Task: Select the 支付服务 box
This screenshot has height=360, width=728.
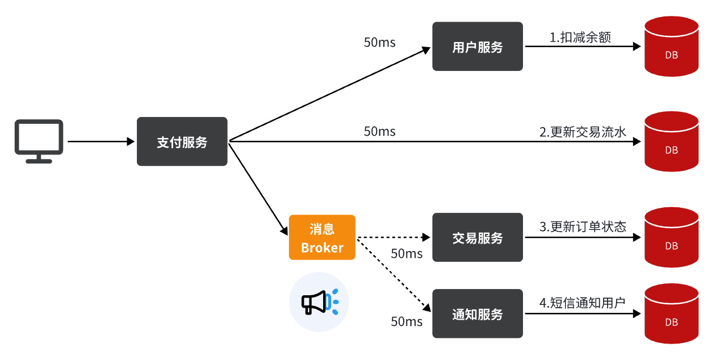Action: tap(182, 142)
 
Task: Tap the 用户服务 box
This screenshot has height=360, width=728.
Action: tap(477, 47)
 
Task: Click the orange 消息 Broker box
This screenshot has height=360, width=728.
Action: tap(322, 237)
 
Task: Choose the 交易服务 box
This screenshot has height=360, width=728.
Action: tap(477, 237)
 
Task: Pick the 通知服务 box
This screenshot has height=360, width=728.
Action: tap(477, 314)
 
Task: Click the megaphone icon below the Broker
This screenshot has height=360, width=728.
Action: tap(319, 302)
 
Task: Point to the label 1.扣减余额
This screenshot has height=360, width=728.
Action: tap(580, 37)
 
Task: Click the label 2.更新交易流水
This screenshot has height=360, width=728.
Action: tap(583, 132)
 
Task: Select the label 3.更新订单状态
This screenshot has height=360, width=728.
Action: tap(583, 227)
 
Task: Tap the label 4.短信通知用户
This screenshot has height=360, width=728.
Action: tap(582, 303)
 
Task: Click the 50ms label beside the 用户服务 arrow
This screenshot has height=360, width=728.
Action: tap(379, 43)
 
